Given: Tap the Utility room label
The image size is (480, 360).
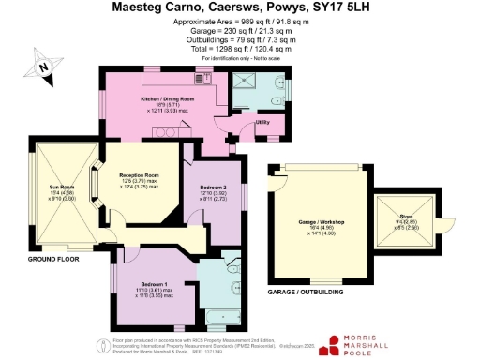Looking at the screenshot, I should point(263,123).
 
